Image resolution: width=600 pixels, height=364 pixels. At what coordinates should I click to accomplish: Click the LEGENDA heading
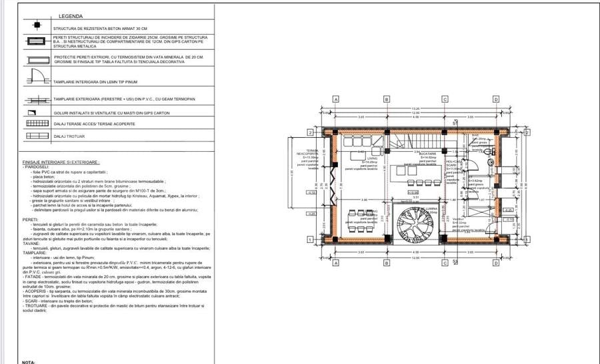coord(71,15)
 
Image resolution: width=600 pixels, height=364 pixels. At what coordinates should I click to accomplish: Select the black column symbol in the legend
coord(37,27)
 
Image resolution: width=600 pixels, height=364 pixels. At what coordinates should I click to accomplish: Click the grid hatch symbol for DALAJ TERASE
coord(37,124)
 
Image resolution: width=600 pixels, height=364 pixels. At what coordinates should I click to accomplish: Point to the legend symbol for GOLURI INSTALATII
coord(37,112)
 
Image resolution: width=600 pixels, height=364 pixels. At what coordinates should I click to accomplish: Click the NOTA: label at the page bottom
coord(28,362)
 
